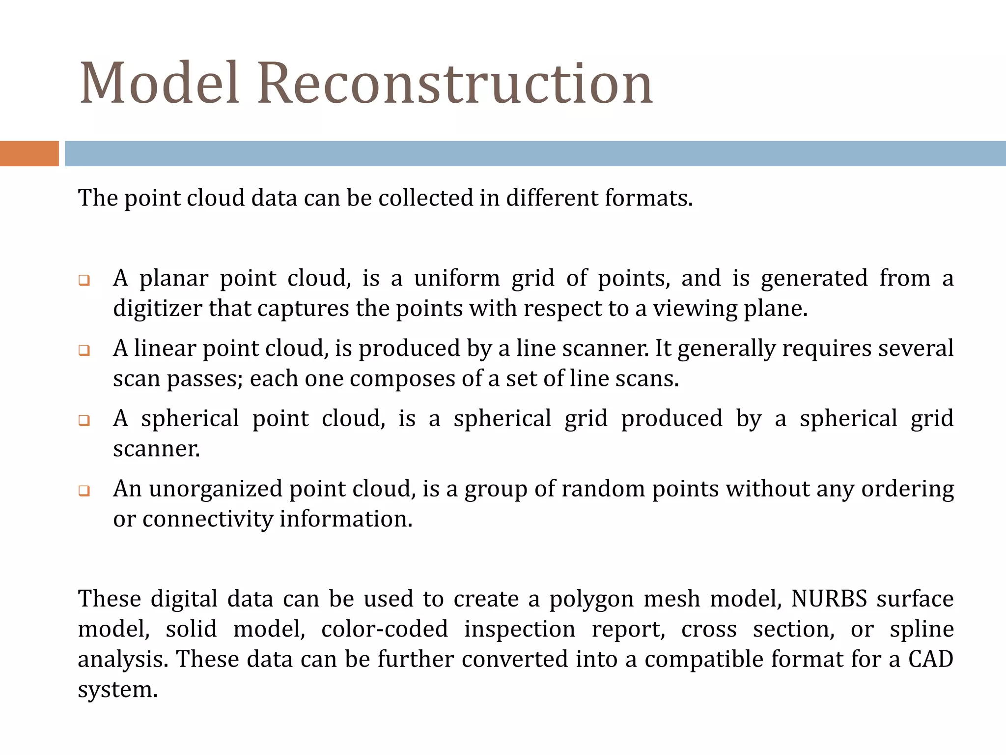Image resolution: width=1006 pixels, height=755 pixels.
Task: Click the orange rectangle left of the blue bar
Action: point(29,153)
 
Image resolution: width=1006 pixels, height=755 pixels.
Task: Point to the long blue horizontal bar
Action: point(535,153)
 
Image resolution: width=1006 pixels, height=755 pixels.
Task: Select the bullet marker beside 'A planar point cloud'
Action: point(84,281)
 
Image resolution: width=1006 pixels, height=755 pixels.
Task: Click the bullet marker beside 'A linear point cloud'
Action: point(84,350)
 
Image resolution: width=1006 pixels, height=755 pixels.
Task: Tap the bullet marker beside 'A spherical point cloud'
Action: point(84,421)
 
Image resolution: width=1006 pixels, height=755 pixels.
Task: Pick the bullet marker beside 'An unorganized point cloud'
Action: point(84,491)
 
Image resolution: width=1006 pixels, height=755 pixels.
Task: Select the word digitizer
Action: point(157,309)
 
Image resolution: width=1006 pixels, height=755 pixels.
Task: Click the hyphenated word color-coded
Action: point(385,629)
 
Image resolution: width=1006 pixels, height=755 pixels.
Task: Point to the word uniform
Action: point(457,278)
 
